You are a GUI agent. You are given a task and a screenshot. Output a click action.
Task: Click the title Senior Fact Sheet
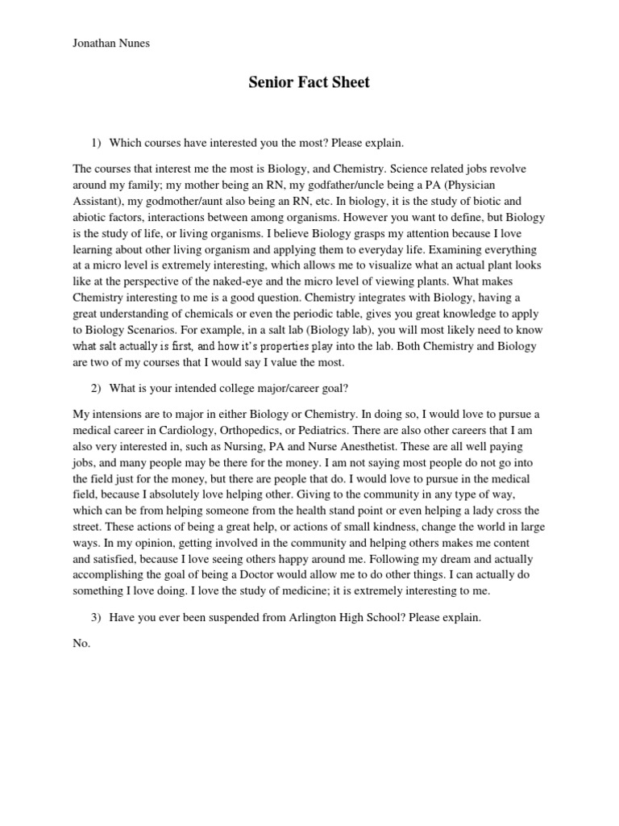309,82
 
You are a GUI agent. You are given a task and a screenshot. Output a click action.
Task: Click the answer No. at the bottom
82,644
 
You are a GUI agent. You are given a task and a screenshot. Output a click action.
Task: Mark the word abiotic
90,218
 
